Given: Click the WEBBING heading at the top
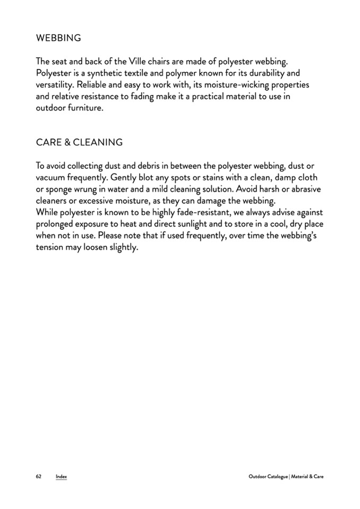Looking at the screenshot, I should coord(58,38).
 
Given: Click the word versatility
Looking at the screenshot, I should coord(55,85).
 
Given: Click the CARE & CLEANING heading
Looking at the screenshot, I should coord(79,142).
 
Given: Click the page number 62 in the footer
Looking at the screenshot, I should coord(39,477).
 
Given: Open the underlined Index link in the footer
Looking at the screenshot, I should coord(62,477).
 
